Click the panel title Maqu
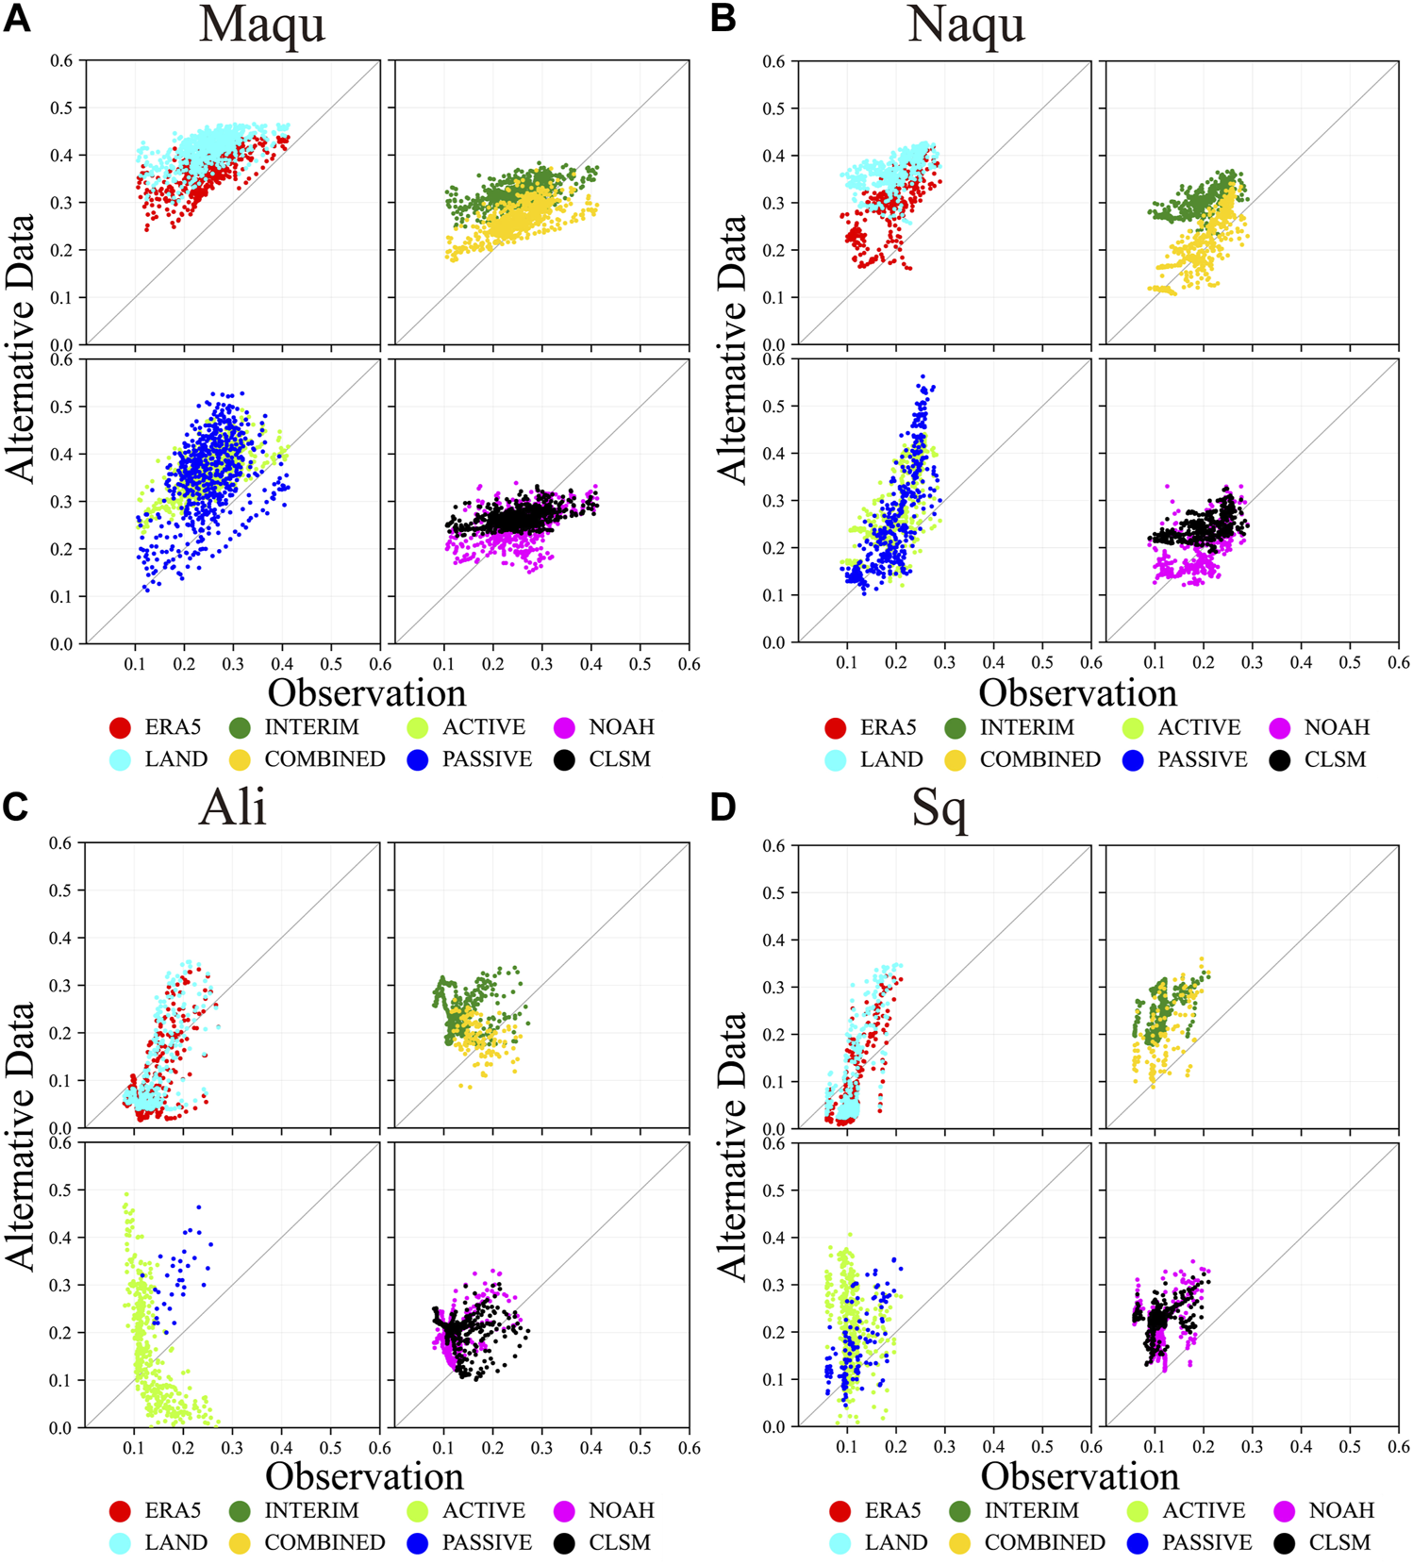(262, 25)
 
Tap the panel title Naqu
(966, 25)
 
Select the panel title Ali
(233, 807)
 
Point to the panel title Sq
(939, 809)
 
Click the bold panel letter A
(17, 18)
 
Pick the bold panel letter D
(723, 808)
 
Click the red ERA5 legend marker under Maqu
(120, 727)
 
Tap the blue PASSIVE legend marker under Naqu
(1133, 760)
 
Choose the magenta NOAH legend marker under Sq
(1285, 1512)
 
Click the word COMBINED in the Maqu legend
(324, 759)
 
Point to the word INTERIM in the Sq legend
(1031, 1511)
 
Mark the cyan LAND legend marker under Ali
(120, 1543)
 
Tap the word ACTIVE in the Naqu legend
(1199, 727)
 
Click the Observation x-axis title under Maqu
(367, 693)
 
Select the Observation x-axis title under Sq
(1080, 1476)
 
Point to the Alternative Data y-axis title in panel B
(732, 349)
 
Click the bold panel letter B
(723, 18)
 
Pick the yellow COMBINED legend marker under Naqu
(956, 760)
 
